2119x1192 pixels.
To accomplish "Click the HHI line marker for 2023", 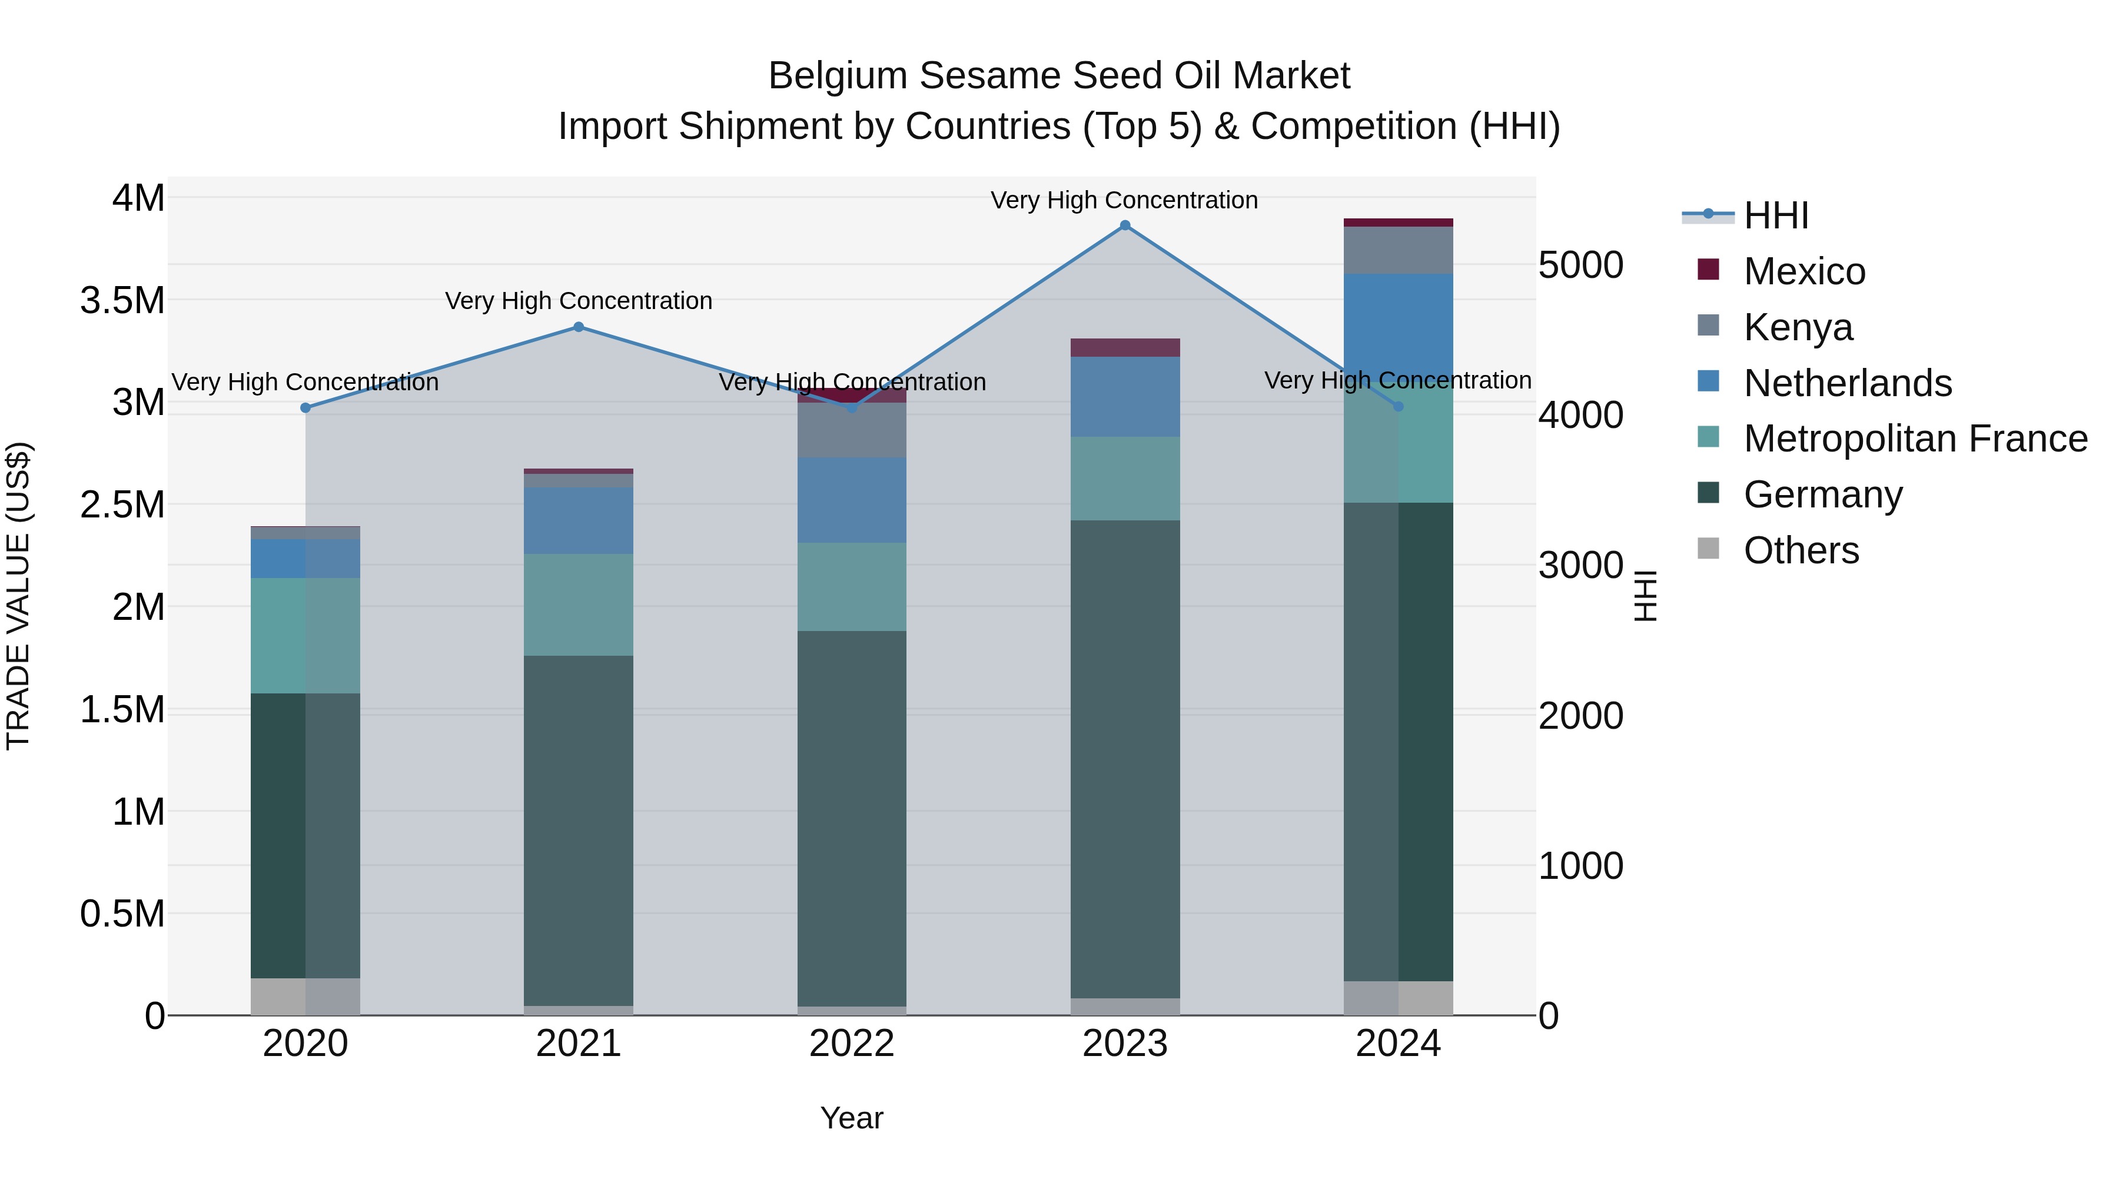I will coord(1124,225).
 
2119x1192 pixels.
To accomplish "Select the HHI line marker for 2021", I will coord(578,327).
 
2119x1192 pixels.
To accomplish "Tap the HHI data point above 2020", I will coord(305,408).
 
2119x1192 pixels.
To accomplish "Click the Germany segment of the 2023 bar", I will coord(1124,757).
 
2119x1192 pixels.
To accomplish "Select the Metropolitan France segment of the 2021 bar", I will coord(578,605).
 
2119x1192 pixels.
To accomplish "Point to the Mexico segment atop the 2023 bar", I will coord(1124,347).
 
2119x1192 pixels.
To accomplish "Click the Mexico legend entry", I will coord(1804,271).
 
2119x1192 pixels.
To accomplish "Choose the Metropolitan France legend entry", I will coord(1915,439).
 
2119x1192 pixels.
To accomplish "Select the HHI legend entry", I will coord(1775,215).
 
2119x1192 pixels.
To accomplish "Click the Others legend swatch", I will coord(1709,549).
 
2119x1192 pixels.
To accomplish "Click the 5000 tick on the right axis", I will coord(1580,265).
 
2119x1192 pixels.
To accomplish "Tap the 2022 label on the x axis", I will coord(851,1044).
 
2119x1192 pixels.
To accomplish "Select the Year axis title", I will coord(851,1118).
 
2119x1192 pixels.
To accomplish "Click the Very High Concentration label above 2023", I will coord(1124,200).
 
